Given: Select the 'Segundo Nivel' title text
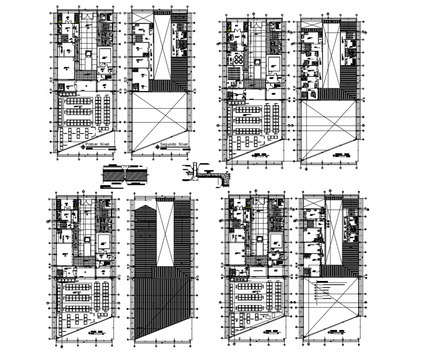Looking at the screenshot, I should [176, 145].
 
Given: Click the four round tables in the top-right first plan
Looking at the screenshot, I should [239, 59].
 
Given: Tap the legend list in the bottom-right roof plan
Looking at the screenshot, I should [325, 289].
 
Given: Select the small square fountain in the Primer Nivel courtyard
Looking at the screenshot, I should [89, 53].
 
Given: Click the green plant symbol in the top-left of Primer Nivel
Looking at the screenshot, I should [60, 20].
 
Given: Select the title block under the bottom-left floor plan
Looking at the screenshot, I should [97, 333].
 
